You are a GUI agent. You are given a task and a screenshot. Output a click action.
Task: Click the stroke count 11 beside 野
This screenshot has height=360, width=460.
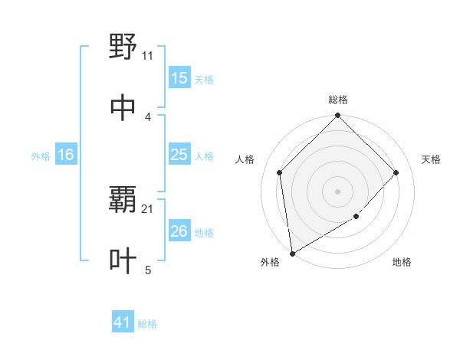click(x=148, y=55)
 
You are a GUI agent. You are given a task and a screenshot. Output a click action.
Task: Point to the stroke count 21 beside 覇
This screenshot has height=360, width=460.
click(x=148, y=208)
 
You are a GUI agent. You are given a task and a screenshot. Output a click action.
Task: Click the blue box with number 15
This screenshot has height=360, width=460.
click(x=179, y=78)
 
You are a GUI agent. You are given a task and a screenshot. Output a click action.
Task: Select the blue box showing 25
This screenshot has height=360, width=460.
click(x=179, y=155)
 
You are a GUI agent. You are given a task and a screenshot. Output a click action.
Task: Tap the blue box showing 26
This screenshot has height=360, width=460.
click(x=179, y=231)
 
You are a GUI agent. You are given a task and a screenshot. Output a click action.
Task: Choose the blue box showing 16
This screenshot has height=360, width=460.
click(x=66, y=155)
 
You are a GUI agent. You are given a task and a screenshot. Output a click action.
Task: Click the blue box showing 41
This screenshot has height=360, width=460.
click(x=123, y=323)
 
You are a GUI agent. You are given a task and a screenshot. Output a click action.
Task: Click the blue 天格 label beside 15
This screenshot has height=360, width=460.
click(x=204, y=80)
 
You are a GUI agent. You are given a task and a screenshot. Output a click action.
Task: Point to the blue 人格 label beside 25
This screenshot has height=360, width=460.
click(x=204, y=156)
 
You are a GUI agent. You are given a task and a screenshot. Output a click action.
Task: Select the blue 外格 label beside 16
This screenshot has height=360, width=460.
click(x=41, y=156)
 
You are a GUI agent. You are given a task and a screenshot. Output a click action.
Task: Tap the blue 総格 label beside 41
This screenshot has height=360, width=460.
click(x=147, y=324)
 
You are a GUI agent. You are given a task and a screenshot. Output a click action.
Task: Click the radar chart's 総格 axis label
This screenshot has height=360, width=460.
click(x=338, y=100)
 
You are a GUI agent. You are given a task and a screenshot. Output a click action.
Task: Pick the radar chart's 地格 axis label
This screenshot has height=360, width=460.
click(x=402, y=262)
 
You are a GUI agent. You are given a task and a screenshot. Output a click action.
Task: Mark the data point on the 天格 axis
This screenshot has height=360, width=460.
click(x=396, y=172)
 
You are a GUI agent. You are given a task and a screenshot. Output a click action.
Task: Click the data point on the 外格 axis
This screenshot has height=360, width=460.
click(x=292, y=254)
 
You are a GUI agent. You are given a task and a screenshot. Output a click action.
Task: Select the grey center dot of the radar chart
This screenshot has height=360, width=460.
click(x=338, y=191)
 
